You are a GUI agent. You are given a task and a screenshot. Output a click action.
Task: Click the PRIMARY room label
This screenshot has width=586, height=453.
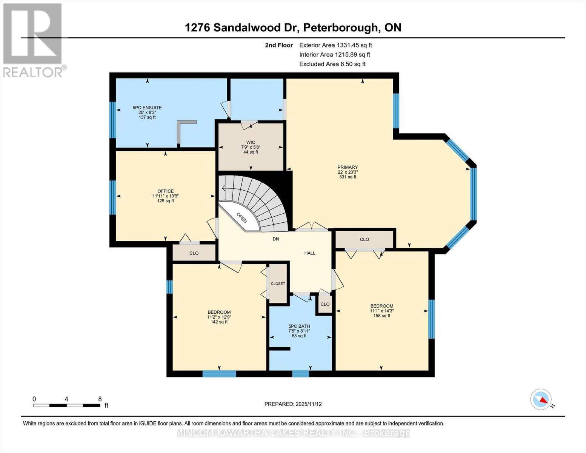tap(348, 167)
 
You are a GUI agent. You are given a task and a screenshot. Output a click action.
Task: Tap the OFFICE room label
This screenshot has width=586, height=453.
tap(165, 191)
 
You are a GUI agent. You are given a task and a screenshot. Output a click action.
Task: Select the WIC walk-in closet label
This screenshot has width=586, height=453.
tap(251, 142)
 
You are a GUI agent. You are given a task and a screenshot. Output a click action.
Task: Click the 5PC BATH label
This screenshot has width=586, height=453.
tap(299, 326)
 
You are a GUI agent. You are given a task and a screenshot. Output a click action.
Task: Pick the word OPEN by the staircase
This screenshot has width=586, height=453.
tap(241, 217)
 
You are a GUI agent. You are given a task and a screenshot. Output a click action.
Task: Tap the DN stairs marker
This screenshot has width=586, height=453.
tap(276, 239)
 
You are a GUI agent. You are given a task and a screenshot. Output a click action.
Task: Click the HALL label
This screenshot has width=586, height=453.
tap(310, 253)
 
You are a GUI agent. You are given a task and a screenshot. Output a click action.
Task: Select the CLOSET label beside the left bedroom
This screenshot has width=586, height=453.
tap(278, 284)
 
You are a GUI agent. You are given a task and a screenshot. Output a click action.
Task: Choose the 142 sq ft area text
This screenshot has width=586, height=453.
tap(219, 322)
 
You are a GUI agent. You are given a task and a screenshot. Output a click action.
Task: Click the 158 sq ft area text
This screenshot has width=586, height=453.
tap(381, 316)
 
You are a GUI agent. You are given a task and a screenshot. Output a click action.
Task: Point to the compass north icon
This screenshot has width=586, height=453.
tap(541, 399)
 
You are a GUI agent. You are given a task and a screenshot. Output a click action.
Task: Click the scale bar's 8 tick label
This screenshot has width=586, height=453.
tap(100, 399)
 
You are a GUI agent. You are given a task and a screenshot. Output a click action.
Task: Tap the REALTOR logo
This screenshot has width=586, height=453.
tap(33, 40)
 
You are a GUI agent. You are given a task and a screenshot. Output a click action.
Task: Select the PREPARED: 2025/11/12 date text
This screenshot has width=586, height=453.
tap(293, 404)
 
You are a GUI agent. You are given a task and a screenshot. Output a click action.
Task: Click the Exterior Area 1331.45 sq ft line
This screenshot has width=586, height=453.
tap(335, 45)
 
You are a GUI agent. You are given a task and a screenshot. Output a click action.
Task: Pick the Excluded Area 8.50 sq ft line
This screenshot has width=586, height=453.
tap(332, 64)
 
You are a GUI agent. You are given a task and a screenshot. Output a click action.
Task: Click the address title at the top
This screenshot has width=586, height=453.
tap(293, 27)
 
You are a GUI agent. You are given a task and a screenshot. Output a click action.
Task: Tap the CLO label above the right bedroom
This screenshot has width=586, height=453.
tap(364, 239)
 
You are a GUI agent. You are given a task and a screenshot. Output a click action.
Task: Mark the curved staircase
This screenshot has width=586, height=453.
tap(260, 200)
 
